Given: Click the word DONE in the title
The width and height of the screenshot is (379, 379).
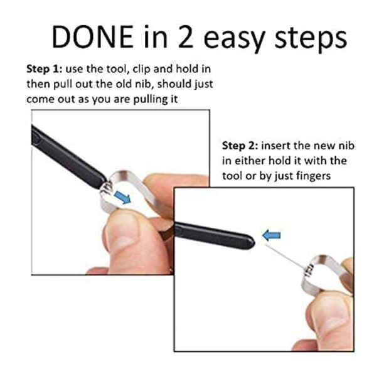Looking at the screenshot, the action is pyautogui.click(x=92, y=36).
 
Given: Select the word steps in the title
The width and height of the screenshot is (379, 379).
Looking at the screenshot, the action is pyautogui.click(x=311, y=39).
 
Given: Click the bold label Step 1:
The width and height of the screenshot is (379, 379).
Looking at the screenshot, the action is pyautogui.click(x=45, y=69).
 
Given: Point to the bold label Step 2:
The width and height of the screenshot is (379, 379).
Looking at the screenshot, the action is pyautogui.click(x=240, y=146).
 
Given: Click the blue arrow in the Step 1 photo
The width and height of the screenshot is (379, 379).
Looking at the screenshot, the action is pyautogui.click(x=122, y=197).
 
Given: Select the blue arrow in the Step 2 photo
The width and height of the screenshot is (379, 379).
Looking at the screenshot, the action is pyautogui.click(x=272, y=235).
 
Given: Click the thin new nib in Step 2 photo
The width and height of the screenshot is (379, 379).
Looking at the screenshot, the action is pyautogui.click(x=285, y=257).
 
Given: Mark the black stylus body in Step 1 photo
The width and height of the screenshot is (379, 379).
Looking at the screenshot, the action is pyautogui.click(x=68, y=157).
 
